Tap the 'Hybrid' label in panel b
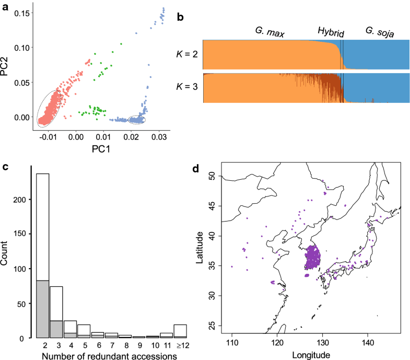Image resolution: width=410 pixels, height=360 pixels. (332, 32)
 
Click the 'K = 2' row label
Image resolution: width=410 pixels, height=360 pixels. (186, 54)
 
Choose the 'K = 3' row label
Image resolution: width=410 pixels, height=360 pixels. (186, 87)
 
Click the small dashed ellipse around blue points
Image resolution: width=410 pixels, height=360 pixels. (137, 120)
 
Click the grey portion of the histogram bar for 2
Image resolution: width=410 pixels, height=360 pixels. (42, 309)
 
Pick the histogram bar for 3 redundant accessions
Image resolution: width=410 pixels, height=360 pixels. (56, 311)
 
